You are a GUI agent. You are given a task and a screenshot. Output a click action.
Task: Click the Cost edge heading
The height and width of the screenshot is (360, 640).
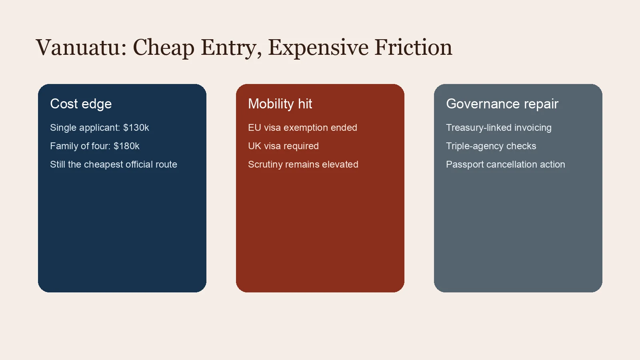click(x=81, y=104)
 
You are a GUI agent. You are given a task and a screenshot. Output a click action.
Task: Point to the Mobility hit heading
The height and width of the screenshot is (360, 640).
click(x=280, y=104)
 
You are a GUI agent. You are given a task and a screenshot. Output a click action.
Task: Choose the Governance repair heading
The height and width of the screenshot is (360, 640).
click(x=502, y=104)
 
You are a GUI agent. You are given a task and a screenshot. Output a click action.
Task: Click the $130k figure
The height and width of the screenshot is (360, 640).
click(x=136, y=128)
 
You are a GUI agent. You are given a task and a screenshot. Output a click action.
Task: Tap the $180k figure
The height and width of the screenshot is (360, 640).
click(x=126, y=146)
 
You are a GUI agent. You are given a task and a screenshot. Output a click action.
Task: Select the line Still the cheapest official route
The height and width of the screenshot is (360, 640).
click(x=114, y=164)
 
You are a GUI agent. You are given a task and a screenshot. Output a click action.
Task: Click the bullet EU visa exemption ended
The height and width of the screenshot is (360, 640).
click(x=302, y=128)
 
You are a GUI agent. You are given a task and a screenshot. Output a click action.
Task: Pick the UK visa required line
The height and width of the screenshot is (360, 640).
click(x=283, y=146)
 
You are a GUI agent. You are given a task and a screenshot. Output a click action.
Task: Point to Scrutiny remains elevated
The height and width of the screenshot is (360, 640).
click(x=303, y=164)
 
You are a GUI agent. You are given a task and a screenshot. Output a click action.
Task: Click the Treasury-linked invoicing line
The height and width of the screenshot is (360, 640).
click(x=498, y=128)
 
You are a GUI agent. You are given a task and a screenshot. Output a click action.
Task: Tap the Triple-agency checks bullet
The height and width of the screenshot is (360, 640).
click(x=491, y=146)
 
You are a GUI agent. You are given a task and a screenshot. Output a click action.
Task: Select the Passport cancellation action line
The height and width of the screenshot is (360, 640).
click(x=505, y=164)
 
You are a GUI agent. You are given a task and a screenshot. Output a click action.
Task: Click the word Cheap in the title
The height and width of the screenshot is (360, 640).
click(x=164, y=48)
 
